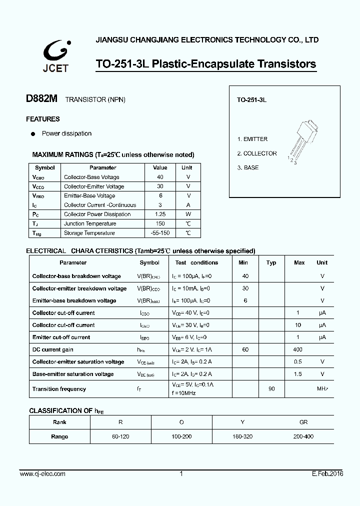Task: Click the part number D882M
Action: [42, 99]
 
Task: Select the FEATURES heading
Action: [43, 119]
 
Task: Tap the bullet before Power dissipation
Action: [33, 134]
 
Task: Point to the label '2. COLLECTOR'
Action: [256, 153]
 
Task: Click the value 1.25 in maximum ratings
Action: [160, 214]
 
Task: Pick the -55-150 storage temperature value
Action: [160, 233]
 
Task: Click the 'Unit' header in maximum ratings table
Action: [186, 167]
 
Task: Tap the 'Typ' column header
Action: [271, 262]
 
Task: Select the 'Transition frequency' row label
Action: [59, 389]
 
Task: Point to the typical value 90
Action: [271, 389]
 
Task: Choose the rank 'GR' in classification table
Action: [303, 422]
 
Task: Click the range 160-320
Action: [242, 436]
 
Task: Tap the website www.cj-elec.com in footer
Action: [42, 474]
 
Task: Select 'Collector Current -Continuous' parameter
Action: [100, 205]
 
